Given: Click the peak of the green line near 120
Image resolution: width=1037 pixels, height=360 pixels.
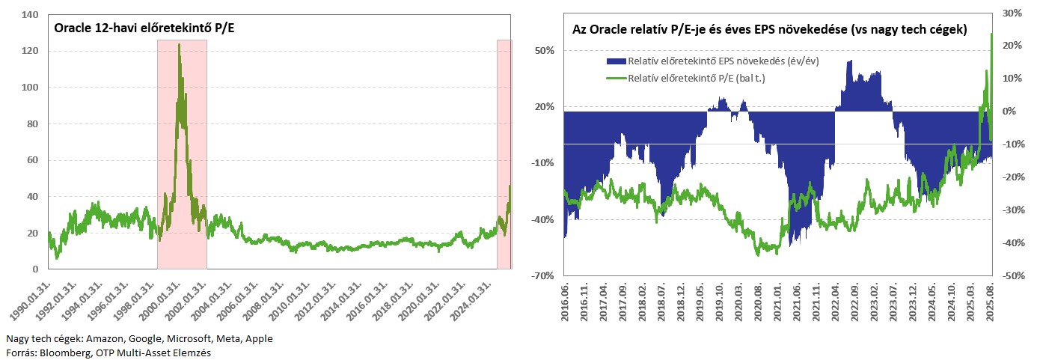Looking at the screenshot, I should pos(179,45).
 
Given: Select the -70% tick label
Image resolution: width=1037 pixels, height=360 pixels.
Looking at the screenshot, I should pos(544,275).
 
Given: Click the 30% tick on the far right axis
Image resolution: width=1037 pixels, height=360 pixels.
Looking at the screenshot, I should pos(1011,13).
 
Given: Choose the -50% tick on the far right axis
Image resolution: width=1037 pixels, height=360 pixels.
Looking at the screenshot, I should pos(1012,275).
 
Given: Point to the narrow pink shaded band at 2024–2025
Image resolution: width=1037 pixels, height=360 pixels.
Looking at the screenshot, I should pos(504,153).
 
